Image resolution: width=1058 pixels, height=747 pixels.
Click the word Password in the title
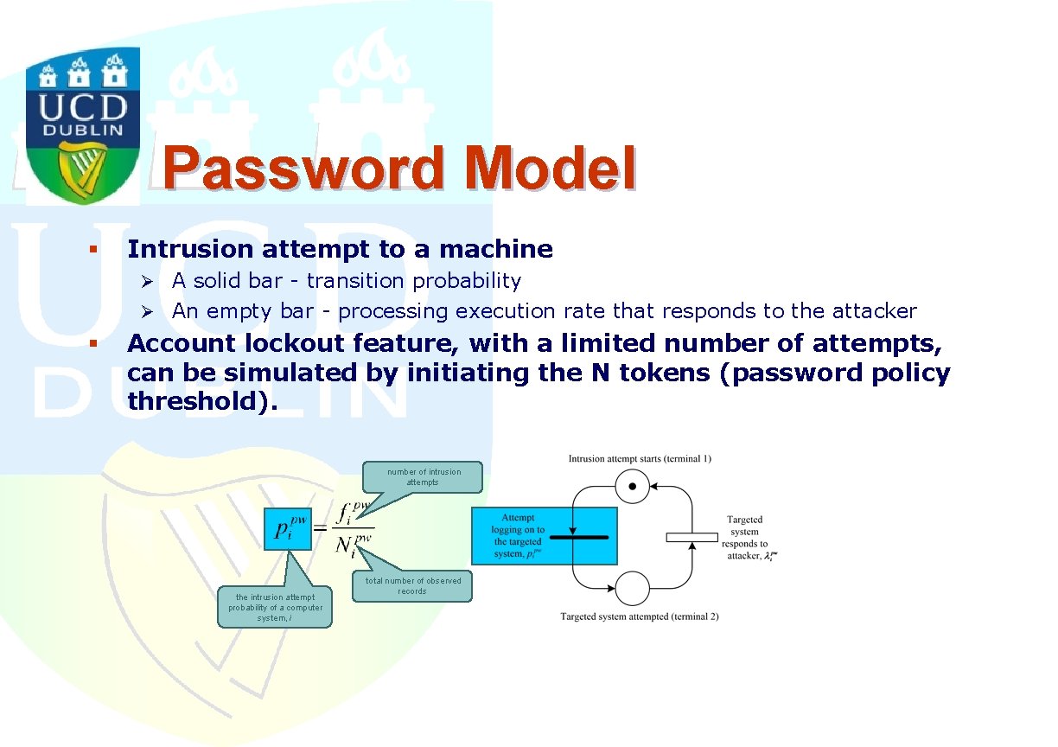click(x=303, y=169)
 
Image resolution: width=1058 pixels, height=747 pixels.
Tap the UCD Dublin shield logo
click(x=83, y=125)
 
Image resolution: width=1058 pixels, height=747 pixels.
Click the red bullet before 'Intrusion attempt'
click(x=93, y=249)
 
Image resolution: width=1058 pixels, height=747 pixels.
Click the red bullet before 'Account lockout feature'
click(x=93, y=343)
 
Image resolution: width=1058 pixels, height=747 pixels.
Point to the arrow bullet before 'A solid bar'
click(x=147, y=282)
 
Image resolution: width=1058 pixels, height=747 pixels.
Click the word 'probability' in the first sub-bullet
click(x=467, y=282)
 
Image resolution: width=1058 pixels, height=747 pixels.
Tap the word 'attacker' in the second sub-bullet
click(x=874, y=311)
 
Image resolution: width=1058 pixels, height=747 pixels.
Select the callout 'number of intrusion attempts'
click(x=423, y=477)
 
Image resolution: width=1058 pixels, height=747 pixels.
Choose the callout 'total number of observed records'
click(x=411, y=586)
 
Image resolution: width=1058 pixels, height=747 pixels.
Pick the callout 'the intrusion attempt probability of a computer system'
click(x=275, y=607)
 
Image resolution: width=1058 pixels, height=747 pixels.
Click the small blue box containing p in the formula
click(x=288, y=529)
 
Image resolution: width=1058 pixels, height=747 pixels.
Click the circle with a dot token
click(x=633, y=486)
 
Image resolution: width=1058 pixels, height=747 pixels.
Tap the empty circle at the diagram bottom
click(x=633, y=588)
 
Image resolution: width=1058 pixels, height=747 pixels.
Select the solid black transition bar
click(x=579, y=537)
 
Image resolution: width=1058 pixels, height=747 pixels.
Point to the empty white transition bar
click(x=692, y=537)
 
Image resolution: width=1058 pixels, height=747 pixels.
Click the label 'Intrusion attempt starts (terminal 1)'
click(x=640, y=459)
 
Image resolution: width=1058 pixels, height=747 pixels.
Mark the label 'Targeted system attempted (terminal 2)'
click(x=640, y=616)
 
